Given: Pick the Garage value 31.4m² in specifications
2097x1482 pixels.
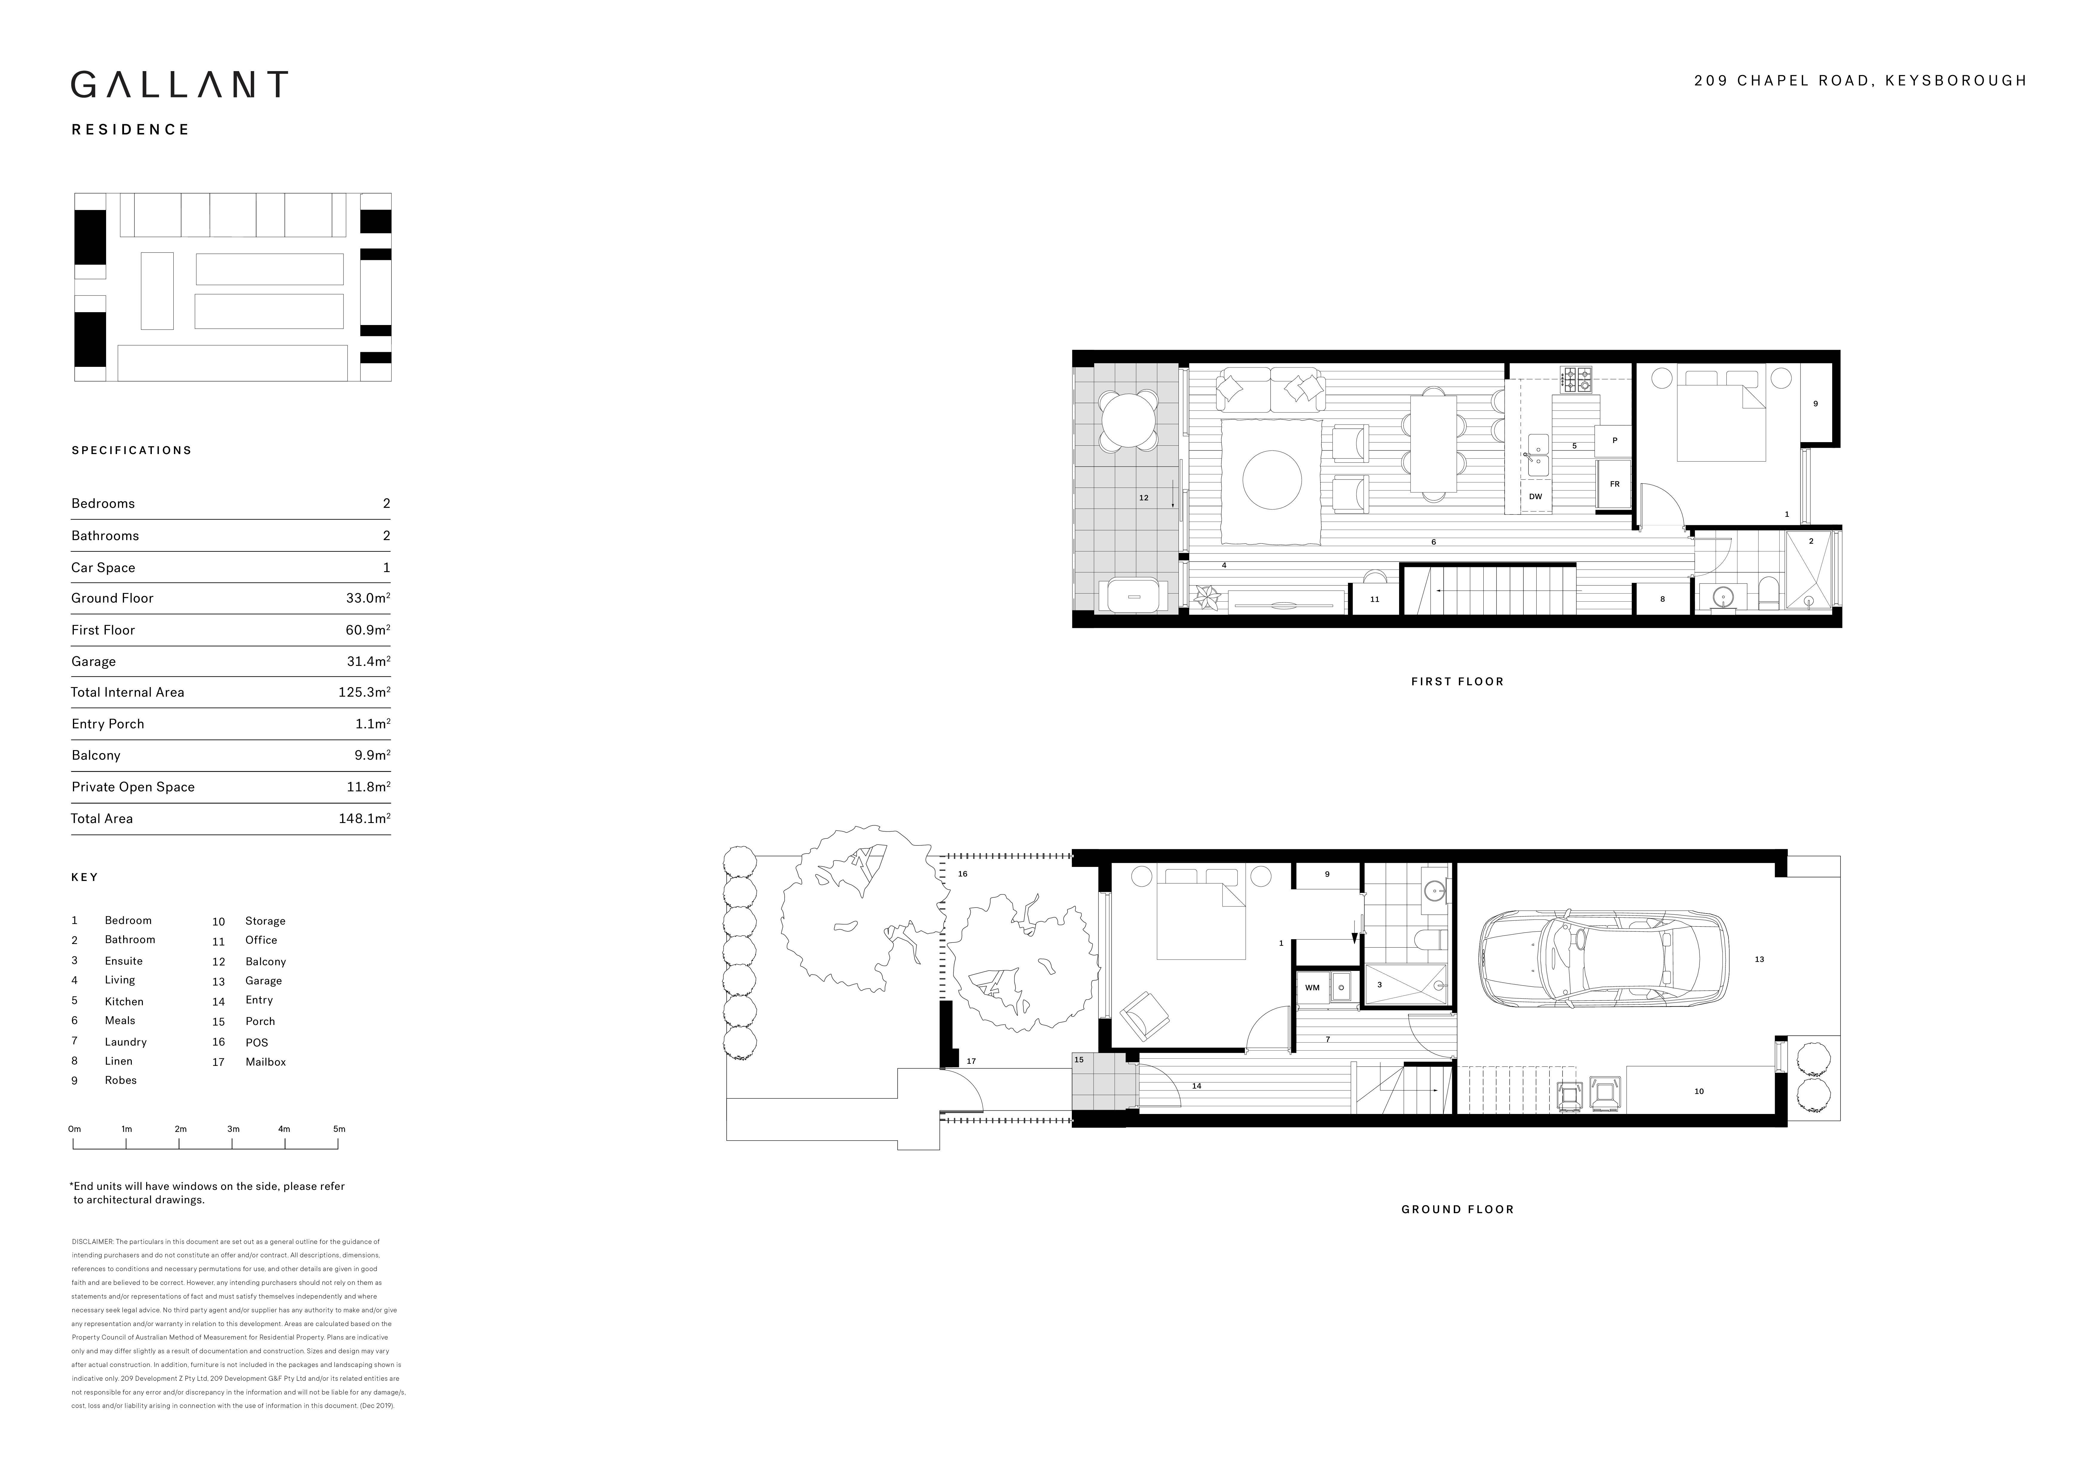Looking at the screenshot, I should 368,661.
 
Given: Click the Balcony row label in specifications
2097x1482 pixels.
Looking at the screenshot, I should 96,755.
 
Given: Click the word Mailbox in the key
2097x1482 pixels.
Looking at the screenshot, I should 266,1062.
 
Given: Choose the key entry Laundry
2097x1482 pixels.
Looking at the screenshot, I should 126,1042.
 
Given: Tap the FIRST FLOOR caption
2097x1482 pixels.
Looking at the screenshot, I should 1457,681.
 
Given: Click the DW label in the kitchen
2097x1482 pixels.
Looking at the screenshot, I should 1535,497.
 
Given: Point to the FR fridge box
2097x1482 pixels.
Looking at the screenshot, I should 1614,484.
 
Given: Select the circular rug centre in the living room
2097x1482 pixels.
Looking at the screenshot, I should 1272,479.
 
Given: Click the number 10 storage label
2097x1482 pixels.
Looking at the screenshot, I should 1699,1091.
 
